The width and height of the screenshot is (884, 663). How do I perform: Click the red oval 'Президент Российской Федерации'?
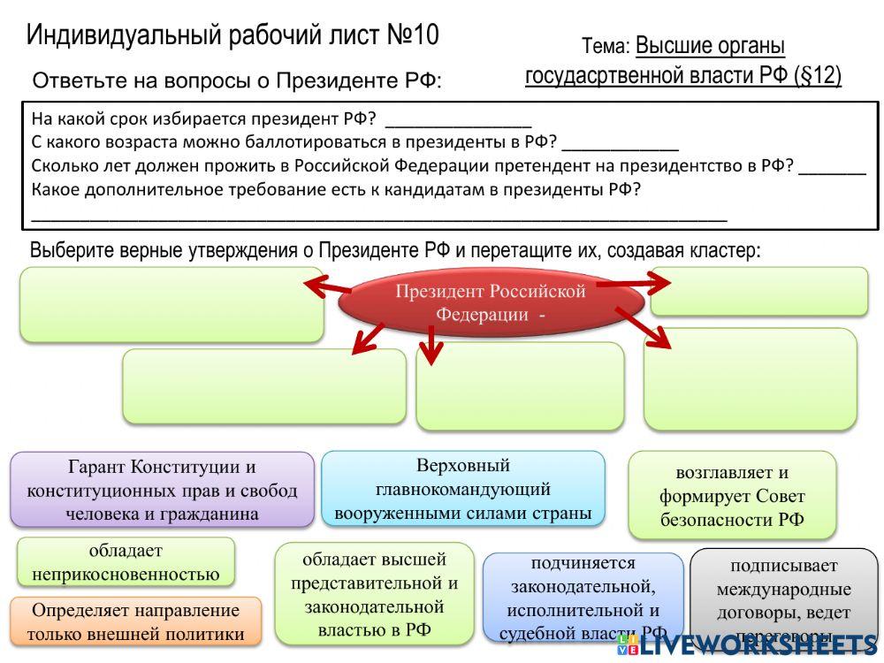pos(490,303)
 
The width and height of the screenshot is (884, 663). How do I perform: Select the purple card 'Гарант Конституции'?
pos(162,490)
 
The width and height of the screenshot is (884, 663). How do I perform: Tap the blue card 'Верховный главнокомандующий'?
pos(463,489)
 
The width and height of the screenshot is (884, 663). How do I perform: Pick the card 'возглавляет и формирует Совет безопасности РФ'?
pos(732,495)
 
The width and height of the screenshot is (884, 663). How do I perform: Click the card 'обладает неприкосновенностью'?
pos(126,562)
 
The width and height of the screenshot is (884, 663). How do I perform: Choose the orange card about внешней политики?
pos(135,621)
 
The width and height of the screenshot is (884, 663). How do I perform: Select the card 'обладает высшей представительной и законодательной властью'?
pos(374,594)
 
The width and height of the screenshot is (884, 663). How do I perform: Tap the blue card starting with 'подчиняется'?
pos(583,598)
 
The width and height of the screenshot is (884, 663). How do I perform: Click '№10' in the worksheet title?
pos(413,35)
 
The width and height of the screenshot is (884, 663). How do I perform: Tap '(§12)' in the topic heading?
pos(818,75)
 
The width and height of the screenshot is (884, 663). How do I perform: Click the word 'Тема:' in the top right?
pos(606,46)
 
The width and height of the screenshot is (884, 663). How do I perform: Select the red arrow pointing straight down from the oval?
pos(431,346)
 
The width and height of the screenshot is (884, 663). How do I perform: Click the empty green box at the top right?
pos(758,291)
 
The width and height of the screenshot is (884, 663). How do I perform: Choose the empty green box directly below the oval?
pos(520,386)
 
